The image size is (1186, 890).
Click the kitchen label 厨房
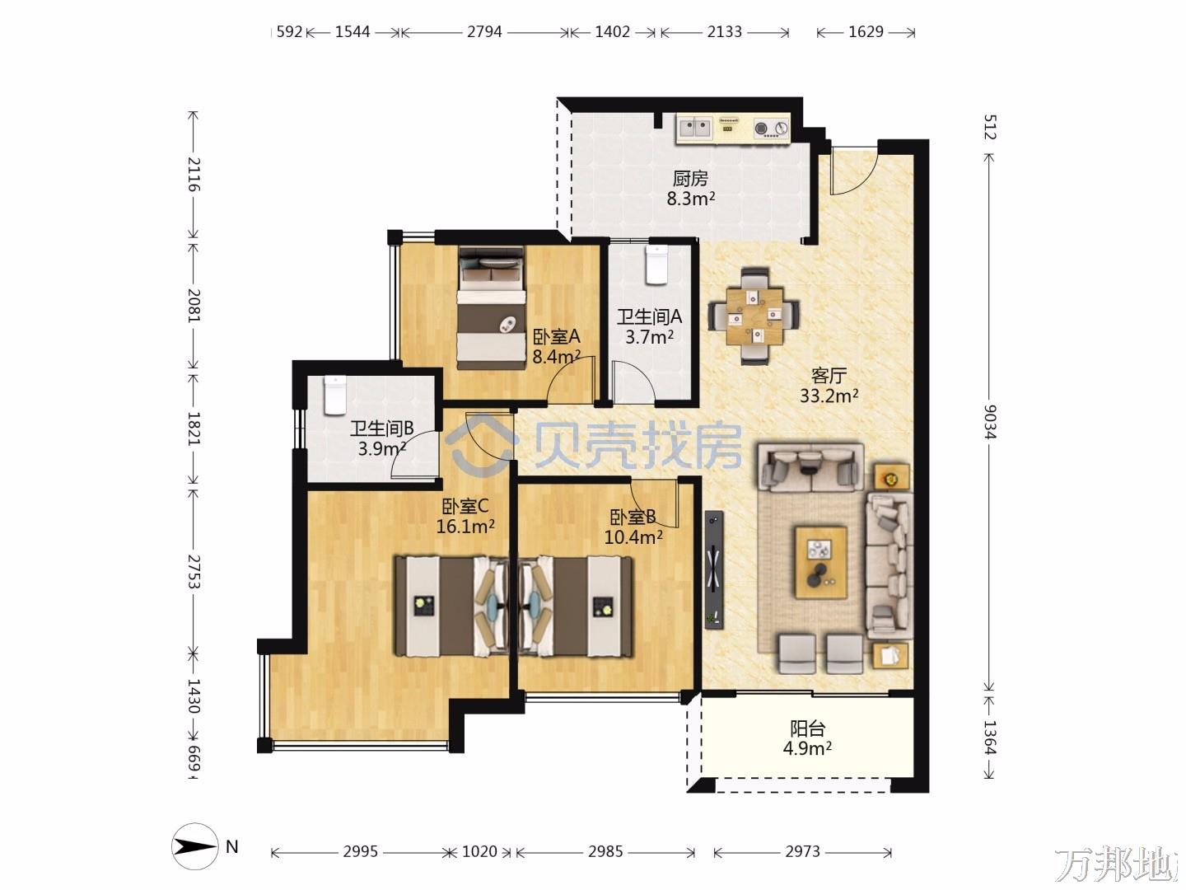click(x=690, y=178)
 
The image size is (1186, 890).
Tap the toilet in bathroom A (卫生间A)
click(x=657, y=265)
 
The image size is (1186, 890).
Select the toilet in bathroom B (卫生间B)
click(x=335, y=396)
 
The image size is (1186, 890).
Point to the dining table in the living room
click(x=754, y=316)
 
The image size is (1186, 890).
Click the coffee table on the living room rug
click(x=821, y=563)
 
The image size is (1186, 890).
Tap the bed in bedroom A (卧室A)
click(x=491, y=308)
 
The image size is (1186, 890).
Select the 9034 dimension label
click(x=989, y=421)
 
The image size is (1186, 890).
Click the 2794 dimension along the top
click(x=484, y=32)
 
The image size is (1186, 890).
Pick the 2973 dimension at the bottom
click(x=802, y=851)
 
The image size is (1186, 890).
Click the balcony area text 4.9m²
click(x=807, y=748)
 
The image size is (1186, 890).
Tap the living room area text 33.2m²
click(x=829, y=396)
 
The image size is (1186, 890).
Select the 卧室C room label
click(x=465, y=506)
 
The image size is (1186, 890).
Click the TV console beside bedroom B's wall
click(x=714, y=569)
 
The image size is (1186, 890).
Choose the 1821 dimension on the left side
click(x=194, y=429)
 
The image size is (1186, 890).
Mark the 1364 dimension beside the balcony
click(x=989, y=738)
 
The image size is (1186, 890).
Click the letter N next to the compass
click(x=231, y=847)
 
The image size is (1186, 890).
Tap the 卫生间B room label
click(x=382, y=429)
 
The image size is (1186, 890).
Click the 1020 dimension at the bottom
click(x=479, y=851)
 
